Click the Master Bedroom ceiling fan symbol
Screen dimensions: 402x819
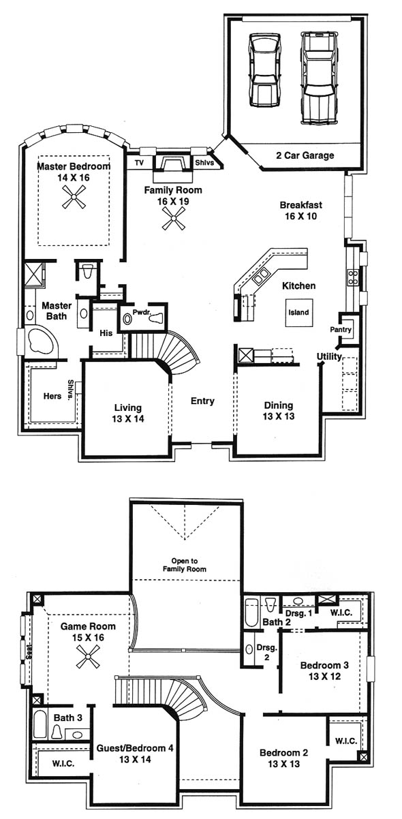point(74,196)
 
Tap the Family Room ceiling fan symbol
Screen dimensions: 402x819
point(174,219)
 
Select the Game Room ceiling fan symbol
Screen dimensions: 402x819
point(88,656)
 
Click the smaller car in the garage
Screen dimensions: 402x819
point(265,69)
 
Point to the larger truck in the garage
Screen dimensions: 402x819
point(318,78)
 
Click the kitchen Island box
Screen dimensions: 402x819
point(298,313)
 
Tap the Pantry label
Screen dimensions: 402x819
point(341,329)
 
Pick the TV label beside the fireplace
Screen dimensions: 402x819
point(139,163)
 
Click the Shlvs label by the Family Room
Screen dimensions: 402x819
point(204,162)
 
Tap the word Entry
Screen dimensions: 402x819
point(202,401)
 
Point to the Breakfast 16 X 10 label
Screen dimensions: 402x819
point(300,211)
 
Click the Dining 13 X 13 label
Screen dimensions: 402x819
point(279,411)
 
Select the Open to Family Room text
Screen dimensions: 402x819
point(185,565)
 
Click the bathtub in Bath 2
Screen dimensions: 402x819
point(252,613)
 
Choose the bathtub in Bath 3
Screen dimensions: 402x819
point(40,724)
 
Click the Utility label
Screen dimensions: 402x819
point(329,356)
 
